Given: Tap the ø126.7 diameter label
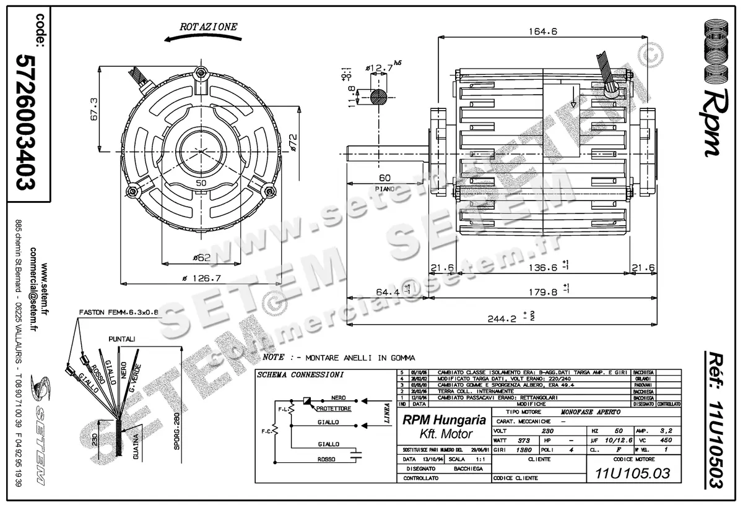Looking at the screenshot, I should pyautogui.click(x=202, y=278).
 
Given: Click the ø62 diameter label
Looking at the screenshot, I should pyautogui.click(x=202, y=257).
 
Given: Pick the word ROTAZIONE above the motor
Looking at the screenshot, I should pyautogui.click(x=208, y=27).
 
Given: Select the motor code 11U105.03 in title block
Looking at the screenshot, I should pyautogui.click(x=632, y=474).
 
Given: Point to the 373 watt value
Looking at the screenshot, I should pyautogui.click(x=524, y=441).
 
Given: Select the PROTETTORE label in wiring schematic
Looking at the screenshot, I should pyautogui.click(x=334, y=409).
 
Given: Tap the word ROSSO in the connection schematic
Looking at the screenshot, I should pyautogui.click(x=326, y=460).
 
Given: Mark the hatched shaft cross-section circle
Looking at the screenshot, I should pyautogui.click(x=380, y=97).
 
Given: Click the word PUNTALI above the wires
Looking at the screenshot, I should pyautogui.click(x=122, y=340).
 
